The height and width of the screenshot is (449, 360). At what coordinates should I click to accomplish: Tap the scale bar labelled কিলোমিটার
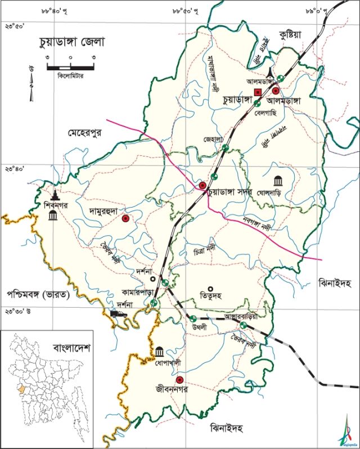pyautogui.click(x=70, y=68)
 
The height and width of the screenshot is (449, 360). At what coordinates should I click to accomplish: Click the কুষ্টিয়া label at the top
pyautogui.click(x=290, y=35)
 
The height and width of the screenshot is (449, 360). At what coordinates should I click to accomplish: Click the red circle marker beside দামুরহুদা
pyautogui.click(x=125, y=218)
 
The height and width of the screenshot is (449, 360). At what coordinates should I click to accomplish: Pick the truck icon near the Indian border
pyautogui.click(x=118, y=314)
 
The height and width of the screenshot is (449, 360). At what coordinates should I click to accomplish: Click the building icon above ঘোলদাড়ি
pyautogui.click(x=278, y=181)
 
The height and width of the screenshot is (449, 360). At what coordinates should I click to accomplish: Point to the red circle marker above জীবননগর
pyautogui.click(x=180, y=379)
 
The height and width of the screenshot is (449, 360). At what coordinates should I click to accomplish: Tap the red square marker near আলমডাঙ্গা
pyautogui.click(x=257, y=92)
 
